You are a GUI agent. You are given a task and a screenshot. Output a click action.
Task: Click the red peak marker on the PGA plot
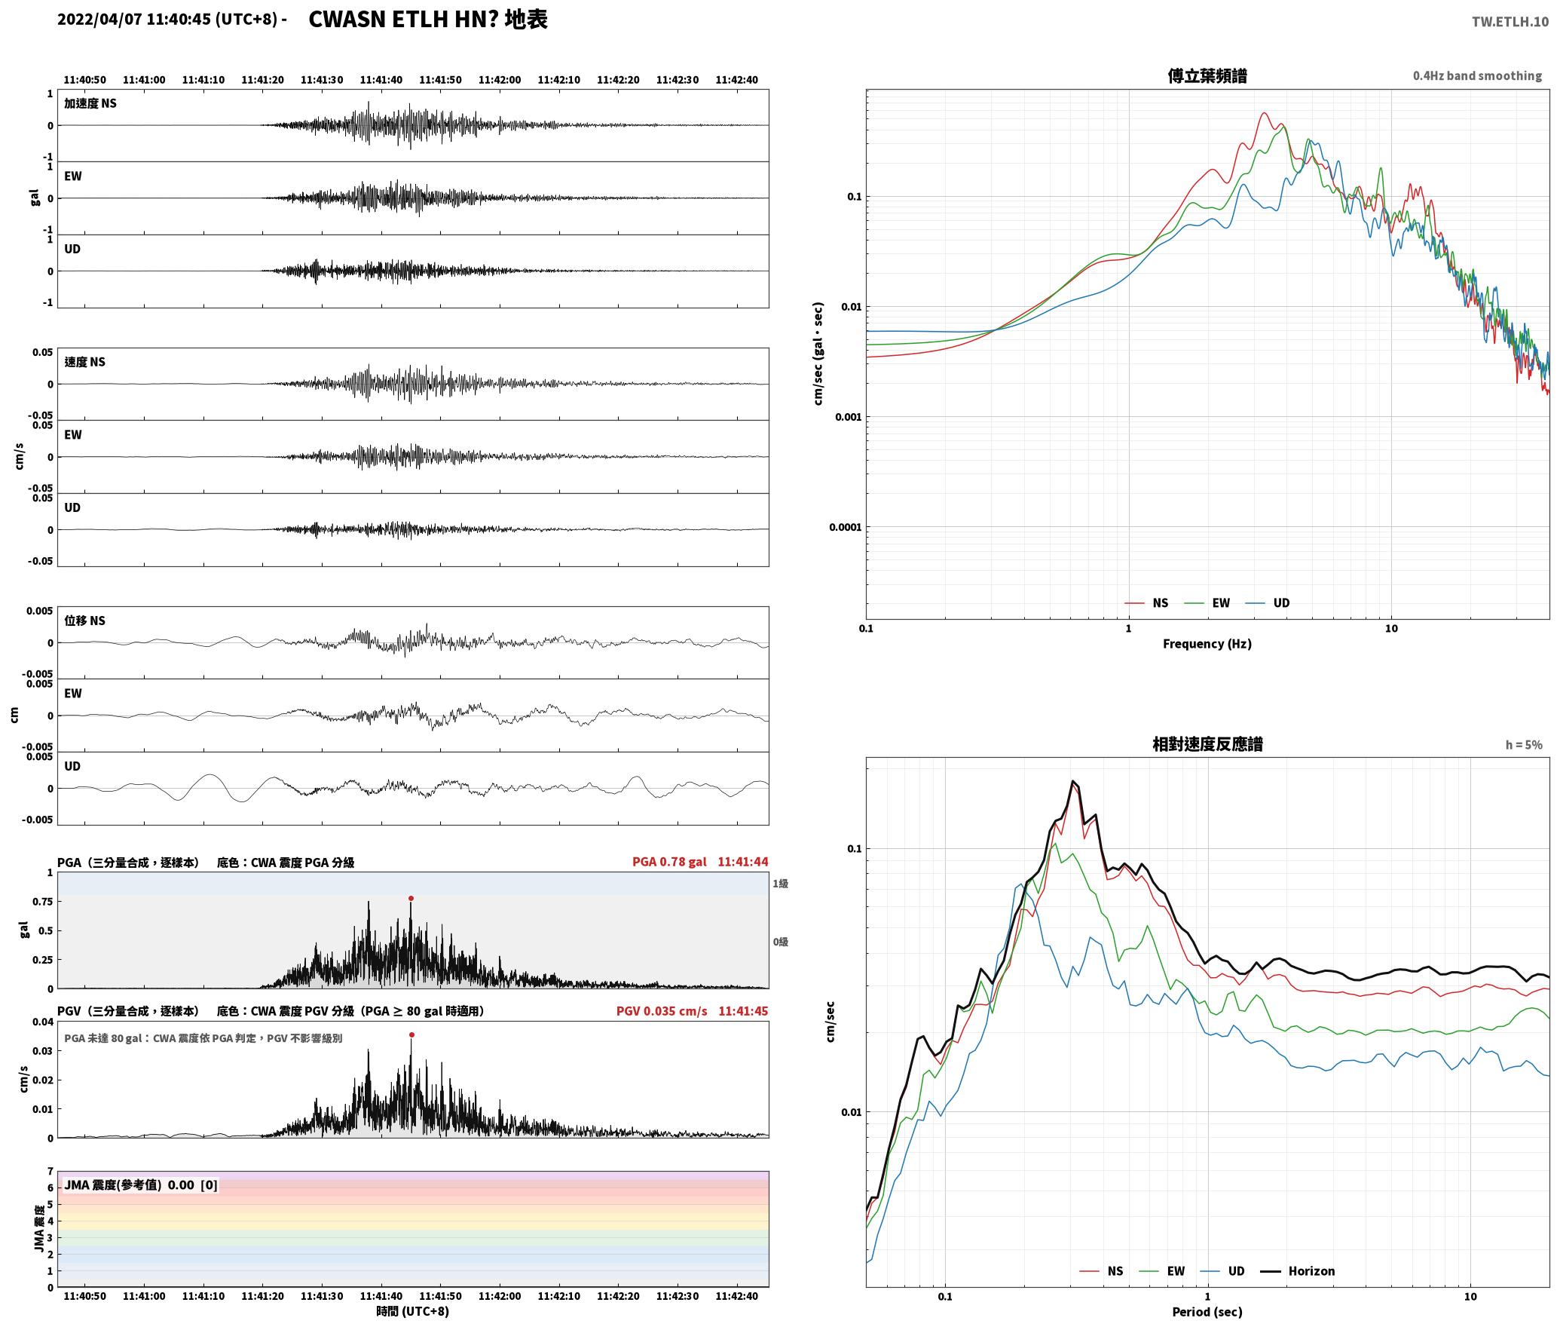[411, 898]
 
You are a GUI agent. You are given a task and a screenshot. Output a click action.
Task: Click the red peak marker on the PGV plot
[411, 1034]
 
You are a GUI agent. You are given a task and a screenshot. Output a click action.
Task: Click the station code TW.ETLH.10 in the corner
[1510, 21]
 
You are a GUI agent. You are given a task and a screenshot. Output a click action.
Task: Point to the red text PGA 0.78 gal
[669, 861]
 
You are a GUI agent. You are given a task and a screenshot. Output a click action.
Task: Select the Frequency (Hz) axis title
[1207, 643]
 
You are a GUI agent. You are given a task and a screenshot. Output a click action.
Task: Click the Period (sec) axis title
[1207, 1311]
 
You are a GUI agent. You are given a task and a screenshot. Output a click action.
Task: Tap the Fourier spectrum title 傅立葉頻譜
[1207, 75]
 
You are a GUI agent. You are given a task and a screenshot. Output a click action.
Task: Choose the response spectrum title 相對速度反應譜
[1207, 743]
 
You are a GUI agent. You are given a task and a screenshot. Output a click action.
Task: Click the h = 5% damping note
[1524, 744]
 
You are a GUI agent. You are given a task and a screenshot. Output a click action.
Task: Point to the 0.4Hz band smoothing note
[1477, 75]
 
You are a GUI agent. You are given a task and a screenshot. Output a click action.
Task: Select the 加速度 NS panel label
[90, 103]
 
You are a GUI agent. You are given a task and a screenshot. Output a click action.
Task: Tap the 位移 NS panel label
[84, 621]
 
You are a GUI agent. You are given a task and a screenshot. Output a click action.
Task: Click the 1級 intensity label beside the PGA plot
[780, 883]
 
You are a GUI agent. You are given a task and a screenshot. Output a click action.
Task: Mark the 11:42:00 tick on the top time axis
[500, 79]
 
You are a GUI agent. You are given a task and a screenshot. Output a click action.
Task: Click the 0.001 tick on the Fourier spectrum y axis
[848, 417]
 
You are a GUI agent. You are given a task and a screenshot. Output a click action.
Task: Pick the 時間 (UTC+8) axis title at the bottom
[413, 1311]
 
